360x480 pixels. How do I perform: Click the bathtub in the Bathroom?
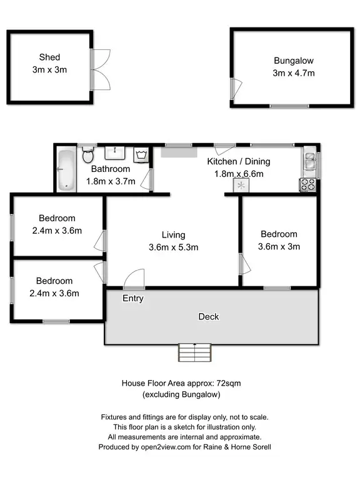66,169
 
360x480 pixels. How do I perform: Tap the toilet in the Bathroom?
87,154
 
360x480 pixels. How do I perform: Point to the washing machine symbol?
142,154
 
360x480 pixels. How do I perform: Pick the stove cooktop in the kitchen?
309,184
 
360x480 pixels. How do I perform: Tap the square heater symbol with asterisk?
241,186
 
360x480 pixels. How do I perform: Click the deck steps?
196,353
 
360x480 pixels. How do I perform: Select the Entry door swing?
134,279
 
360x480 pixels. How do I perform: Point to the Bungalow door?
235,88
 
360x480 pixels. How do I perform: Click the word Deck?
209,317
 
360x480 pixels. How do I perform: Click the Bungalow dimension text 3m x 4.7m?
293,73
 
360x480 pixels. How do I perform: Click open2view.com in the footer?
159,447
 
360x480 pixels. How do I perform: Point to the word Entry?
133,299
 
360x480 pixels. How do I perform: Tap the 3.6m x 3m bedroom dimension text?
279,246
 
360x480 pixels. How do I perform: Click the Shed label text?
49,57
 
